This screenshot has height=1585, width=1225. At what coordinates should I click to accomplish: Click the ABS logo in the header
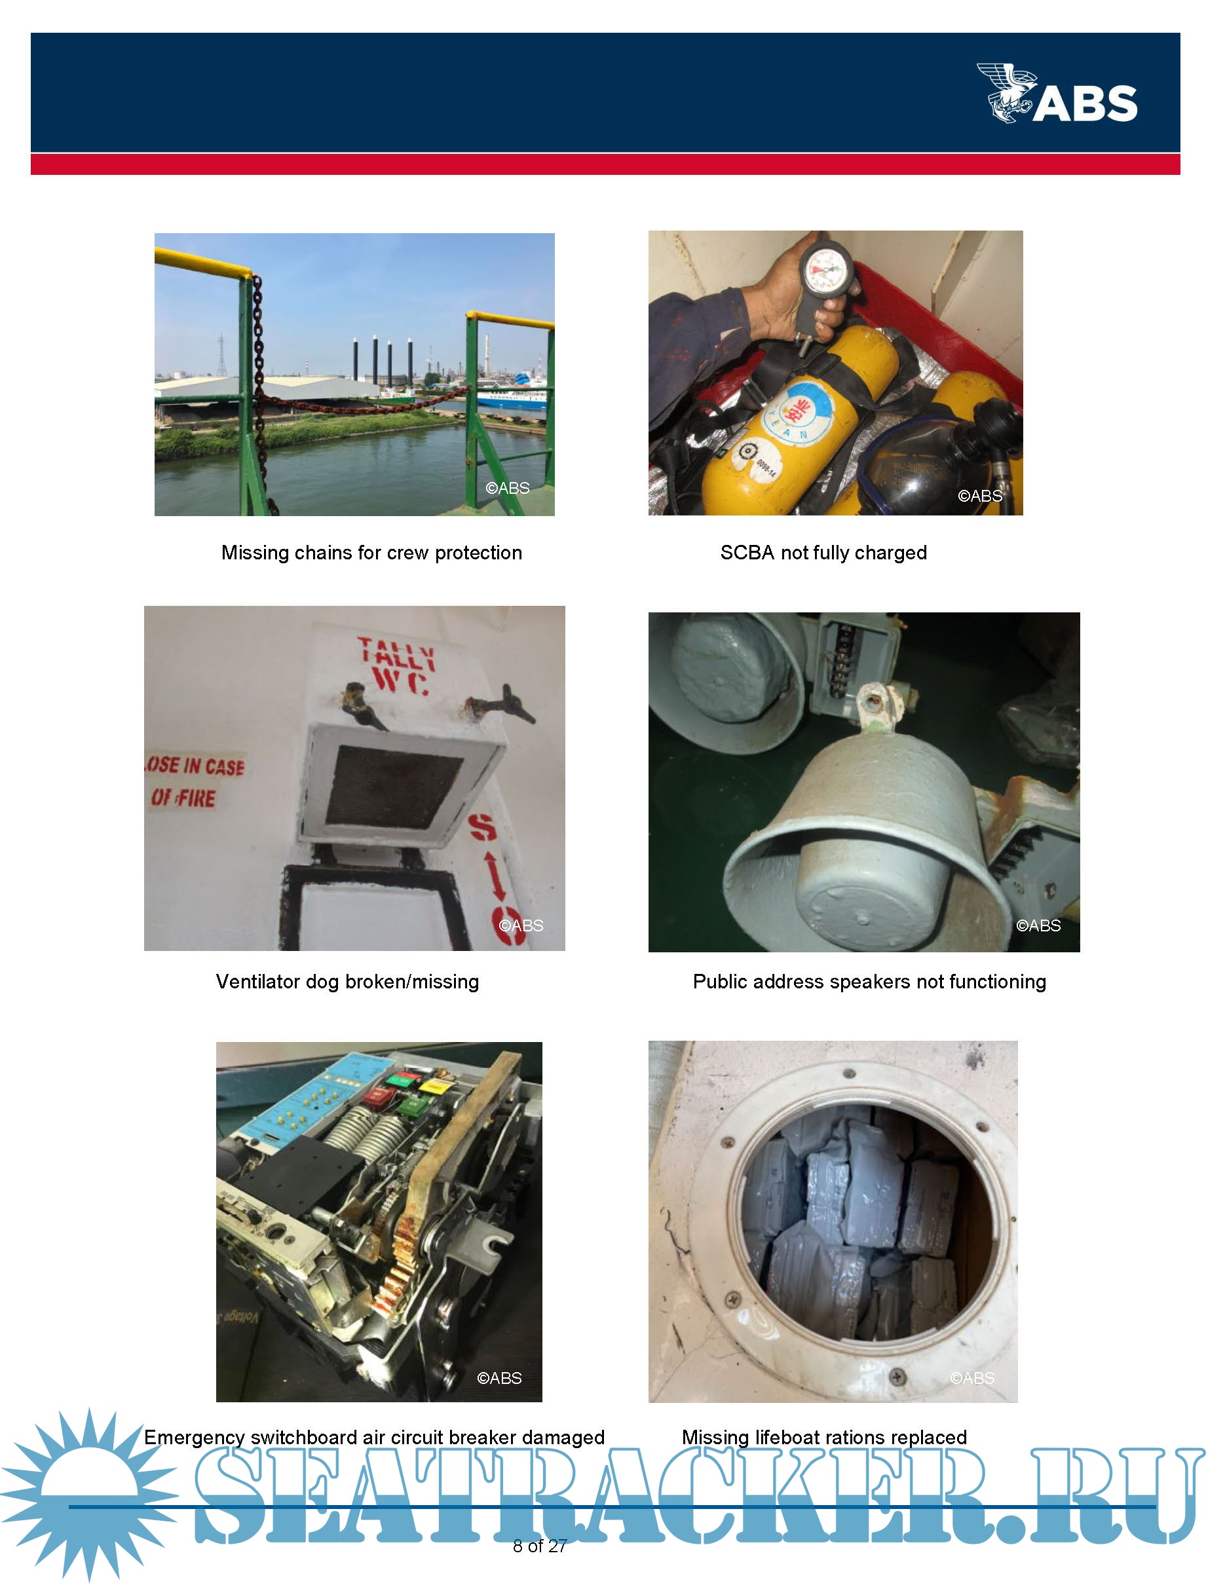point(1057,93)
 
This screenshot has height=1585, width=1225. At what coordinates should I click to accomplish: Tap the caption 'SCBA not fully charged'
point(823,553)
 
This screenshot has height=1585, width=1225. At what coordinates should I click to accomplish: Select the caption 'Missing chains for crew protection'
point(371,553)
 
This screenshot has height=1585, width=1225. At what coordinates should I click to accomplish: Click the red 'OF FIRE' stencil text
point(183,798)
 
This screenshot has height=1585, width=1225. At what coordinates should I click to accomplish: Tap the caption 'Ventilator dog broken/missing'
point(348,982)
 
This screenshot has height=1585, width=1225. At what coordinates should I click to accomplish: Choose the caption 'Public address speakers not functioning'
point(869,982)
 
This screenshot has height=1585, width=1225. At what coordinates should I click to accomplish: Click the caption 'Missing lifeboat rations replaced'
point(824,1437)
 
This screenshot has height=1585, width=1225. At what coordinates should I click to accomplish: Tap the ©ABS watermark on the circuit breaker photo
point(499,1378)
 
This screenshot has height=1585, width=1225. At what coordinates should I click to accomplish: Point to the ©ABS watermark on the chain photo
point(507,489)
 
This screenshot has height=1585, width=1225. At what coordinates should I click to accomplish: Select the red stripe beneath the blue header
point(605,164)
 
